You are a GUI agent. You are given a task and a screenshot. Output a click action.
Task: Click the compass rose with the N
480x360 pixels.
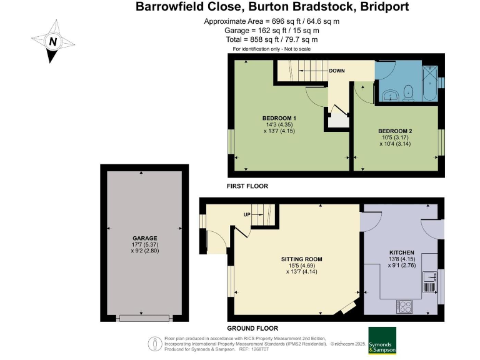tap(53, 42)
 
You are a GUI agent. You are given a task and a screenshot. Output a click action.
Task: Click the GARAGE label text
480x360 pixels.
tap(144, 238)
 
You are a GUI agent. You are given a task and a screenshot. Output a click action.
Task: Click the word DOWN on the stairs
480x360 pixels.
tap(337, 71)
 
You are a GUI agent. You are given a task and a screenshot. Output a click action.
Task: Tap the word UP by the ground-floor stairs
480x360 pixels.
tap(247, 215)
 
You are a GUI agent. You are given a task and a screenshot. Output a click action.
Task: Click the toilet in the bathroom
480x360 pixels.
tap(409, 91)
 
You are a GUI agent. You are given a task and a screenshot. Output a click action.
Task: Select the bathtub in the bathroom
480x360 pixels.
tap(429, 82)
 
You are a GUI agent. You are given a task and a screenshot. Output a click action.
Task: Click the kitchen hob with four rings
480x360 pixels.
tap(404, 306)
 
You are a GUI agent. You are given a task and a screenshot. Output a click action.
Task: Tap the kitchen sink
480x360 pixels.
tap(430, 280)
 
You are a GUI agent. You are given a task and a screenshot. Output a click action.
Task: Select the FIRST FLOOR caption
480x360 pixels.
tap(247, 186)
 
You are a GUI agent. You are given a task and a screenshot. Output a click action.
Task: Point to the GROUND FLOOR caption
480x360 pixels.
tap(252, 328)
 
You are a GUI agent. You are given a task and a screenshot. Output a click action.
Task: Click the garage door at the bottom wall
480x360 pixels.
tap(144, 318)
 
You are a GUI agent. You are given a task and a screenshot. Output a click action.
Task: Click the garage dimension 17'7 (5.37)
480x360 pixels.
tap(144, 246)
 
